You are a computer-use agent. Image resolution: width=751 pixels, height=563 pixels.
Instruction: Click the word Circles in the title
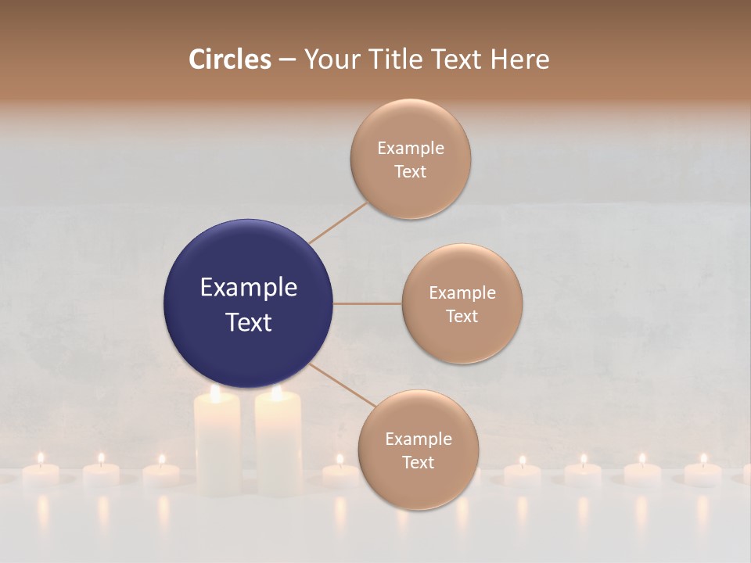(x=229, y=59)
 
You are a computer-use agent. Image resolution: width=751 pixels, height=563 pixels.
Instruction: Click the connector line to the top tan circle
(x=338, y=223)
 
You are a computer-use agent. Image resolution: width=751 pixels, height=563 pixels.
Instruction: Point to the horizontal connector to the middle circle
(x=367, y=303)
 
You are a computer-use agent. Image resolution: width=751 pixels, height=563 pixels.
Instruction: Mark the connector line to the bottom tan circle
(x=341, y=385)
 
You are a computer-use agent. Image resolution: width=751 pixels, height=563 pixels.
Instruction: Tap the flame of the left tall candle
(x=216, y=393)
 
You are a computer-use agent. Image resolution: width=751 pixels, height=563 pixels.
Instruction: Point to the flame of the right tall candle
(x=276, y=393)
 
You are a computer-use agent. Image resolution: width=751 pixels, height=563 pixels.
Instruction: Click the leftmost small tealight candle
(x=41, y=473)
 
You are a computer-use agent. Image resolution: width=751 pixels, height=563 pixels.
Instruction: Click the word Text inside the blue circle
(x=248, y=322)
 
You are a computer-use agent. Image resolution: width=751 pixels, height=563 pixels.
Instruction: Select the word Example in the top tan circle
(x=410, y=149)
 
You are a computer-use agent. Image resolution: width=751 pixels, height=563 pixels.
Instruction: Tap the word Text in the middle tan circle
(x=462, y=317)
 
